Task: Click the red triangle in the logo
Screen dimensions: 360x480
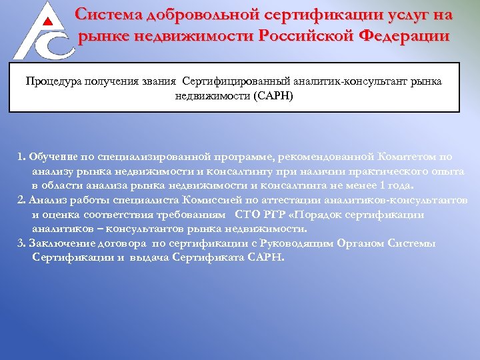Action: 47,21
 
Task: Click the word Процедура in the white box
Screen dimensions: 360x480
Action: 53,81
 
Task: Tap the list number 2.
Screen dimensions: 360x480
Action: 21,200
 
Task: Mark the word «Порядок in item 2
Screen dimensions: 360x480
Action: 325,215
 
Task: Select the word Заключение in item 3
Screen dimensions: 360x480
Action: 60,243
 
